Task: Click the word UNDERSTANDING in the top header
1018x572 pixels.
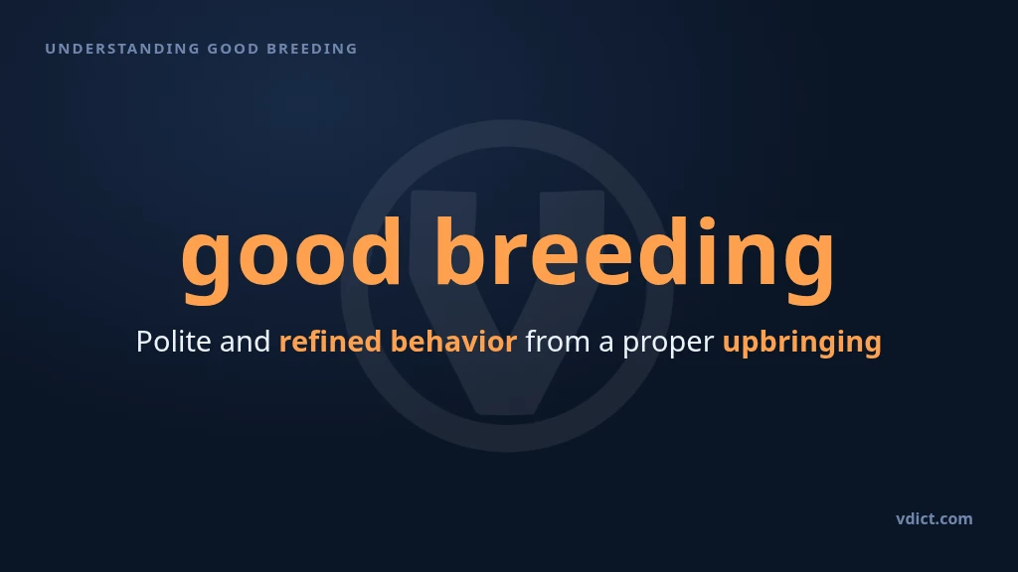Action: click(x=122, y=49)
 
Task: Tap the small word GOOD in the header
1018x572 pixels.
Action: click(x=233, y=49)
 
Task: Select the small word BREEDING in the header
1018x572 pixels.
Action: click(x=312, y=49)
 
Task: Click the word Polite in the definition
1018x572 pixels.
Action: click(x=173, y=342)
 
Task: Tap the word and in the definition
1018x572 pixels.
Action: click(x=245, y=342)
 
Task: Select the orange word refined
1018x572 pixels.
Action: click(x=330, y=342)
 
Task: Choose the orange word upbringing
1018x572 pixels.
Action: click(x=802, y=343)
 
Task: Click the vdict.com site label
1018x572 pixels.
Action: click(x=934, y=518)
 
